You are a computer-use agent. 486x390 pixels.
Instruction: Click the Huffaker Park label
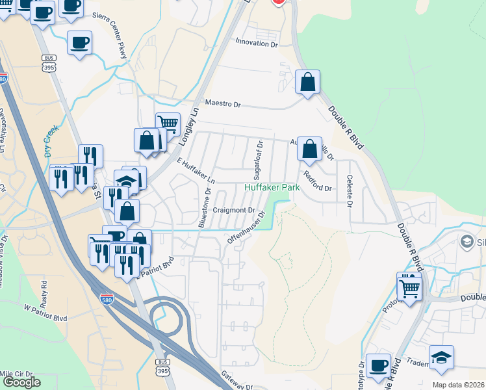pos(272,187)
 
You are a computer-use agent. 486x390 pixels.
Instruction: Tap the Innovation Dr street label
pos(256,44)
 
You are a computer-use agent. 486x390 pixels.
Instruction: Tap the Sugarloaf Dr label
pos(258,161)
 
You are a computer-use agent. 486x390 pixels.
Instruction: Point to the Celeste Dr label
pos(350,190)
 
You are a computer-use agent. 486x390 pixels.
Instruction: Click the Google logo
pos(21,382)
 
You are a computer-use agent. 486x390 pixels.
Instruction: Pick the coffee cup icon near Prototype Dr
pos(378,365)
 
